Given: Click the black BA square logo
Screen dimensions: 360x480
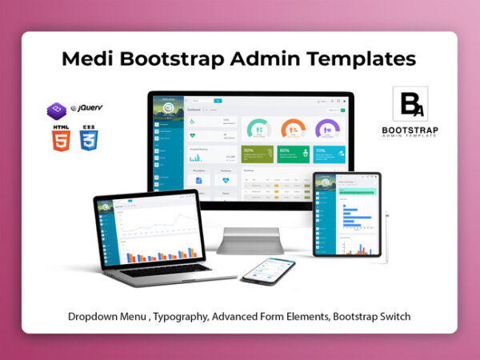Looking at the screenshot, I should coord(410,104).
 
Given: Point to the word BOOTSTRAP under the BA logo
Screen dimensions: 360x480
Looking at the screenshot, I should coord(410,129).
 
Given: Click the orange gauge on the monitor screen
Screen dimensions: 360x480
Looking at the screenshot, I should coord(294,129).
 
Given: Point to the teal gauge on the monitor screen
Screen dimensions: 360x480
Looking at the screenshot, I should coord(258,129).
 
